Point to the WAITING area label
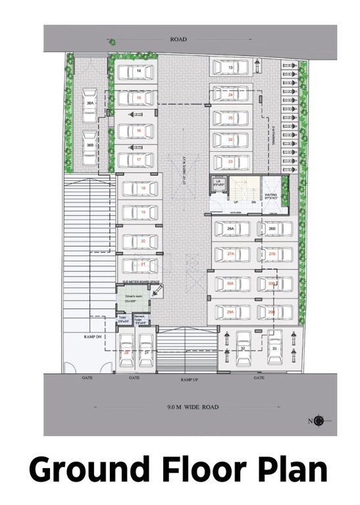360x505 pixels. coord(271,195)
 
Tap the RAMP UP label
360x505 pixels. coord(190,380)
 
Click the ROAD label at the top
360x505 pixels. coord(178,39)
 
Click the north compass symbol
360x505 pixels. coord(319,421)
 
